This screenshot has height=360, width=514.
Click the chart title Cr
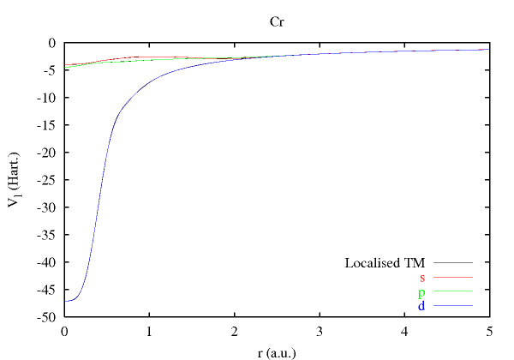point(277,21)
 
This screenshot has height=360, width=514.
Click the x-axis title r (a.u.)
point(277,351)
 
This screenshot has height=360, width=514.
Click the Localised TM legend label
point(385,262)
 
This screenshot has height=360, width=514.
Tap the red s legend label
point(422,277)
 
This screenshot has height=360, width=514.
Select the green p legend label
point(421,291)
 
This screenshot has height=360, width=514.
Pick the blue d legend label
point(421,306)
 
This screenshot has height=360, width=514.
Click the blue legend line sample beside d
point(453,306)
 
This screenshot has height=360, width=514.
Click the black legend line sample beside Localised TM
point(453,262)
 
